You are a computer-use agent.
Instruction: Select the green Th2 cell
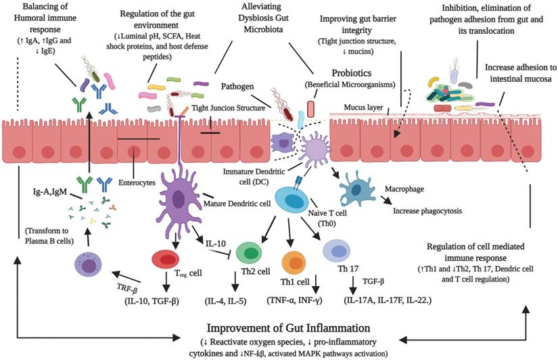[x=251, y=252]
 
